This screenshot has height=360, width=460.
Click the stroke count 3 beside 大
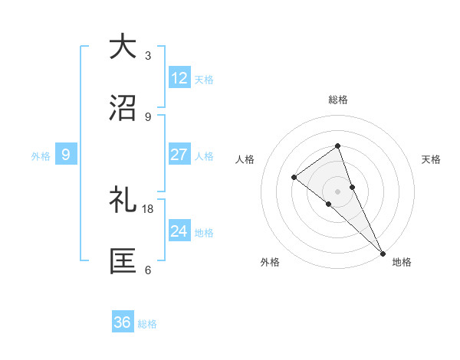click(x=148, y=56)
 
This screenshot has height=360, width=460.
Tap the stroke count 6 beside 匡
click(x=148, y=270)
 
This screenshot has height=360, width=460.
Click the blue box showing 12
click(x=179, y=78)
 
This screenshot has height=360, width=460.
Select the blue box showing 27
click(x=179, y=155)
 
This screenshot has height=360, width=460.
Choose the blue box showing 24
click(x=179, y=231)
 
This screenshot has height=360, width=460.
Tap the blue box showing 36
click(x=123, y=322)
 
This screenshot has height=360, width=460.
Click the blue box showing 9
click(x=66, y=155)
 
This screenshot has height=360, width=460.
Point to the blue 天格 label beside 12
click(x=204, y=79)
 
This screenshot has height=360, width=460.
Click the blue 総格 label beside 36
click(x=147, y=324)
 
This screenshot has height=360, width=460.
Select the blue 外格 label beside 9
click(x=41, y=155)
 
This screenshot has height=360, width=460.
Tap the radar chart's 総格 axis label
click(x=337, y=100)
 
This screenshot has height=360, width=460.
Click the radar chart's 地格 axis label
click(x=402, y=262)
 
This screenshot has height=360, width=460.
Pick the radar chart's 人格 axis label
click(x=245, y=159)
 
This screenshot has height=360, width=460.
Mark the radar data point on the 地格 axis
click(x=382, y=253)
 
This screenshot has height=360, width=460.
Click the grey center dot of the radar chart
click(x=337, y=191)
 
